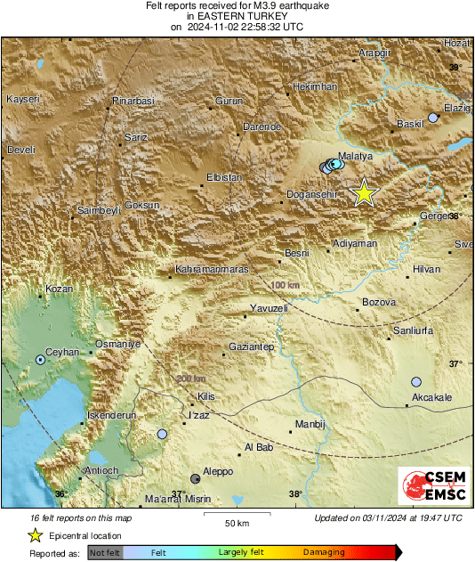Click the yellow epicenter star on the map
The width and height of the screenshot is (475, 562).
coord(363,193)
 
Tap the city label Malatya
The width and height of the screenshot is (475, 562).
coord(356,154)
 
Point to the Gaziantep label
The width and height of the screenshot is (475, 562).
coord(253,346)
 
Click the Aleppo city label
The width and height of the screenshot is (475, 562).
coord(218,470)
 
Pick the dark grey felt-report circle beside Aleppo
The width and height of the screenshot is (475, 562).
coord(196,478)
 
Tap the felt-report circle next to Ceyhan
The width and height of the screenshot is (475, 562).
coord(40,360)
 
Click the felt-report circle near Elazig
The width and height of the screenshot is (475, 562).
coord(433,118)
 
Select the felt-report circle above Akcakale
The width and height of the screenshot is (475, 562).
coord(416,381)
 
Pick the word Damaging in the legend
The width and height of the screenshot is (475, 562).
coord(325,552)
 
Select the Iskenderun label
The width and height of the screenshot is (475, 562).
coord(113,416)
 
